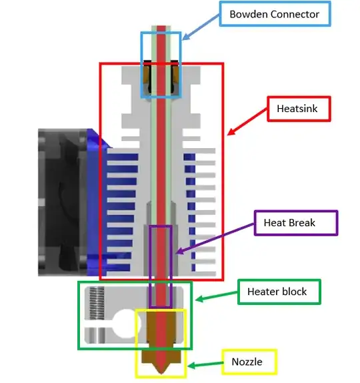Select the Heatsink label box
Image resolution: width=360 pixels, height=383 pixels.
[x=299, y=109]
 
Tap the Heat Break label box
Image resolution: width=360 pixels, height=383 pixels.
[x=296, y=223]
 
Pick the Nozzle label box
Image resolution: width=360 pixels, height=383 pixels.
[x=248, y=362]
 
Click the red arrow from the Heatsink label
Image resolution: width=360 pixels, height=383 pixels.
[x=247, y=120]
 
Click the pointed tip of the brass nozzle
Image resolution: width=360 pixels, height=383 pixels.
[x=162, y=373]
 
